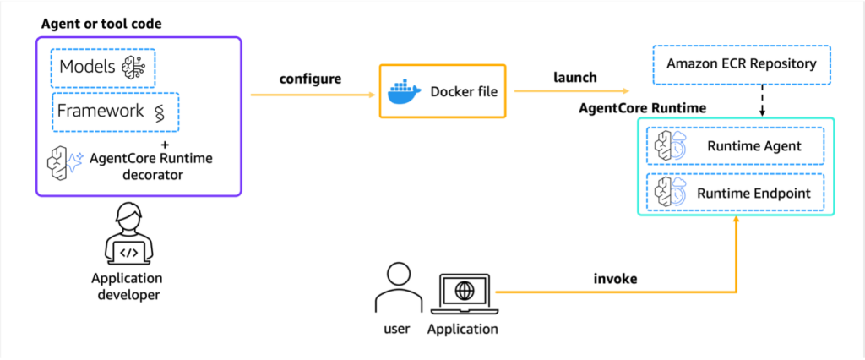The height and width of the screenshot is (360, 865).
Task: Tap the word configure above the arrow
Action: pos(310,79)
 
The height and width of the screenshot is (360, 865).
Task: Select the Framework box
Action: pos(115,112)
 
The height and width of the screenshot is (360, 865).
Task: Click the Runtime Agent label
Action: pos(754,146)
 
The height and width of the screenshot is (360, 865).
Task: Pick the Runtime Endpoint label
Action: pos(753,193)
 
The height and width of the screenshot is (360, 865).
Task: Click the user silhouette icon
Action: pos(394,288)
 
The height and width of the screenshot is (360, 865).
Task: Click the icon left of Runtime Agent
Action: pos(670,147)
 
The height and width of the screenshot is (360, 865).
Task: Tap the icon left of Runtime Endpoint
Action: pos(670,194)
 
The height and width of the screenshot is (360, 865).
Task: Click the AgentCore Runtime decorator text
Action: pos(140,165)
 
